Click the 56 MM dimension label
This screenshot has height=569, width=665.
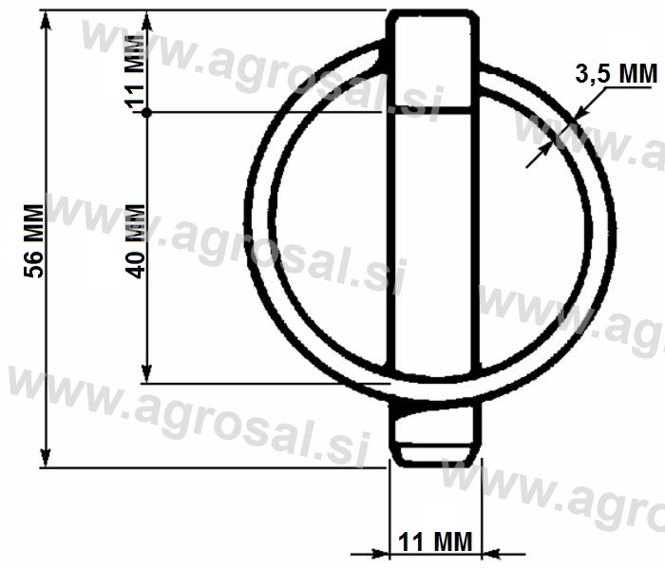[33, 241]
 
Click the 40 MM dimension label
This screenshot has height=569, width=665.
[136, 241]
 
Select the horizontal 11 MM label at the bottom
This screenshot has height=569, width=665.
[435, 541]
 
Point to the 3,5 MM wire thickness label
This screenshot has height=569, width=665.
[617, 73]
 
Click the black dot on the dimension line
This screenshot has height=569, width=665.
[146, 113]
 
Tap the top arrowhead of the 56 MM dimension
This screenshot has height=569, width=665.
[46, 20]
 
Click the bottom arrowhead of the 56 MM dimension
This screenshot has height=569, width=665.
[46, 458]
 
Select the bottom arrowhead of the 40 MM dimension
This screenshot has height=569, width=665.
[146, 374]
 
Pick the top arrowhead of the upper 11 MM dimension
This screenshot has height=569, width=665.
[146, 20]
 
